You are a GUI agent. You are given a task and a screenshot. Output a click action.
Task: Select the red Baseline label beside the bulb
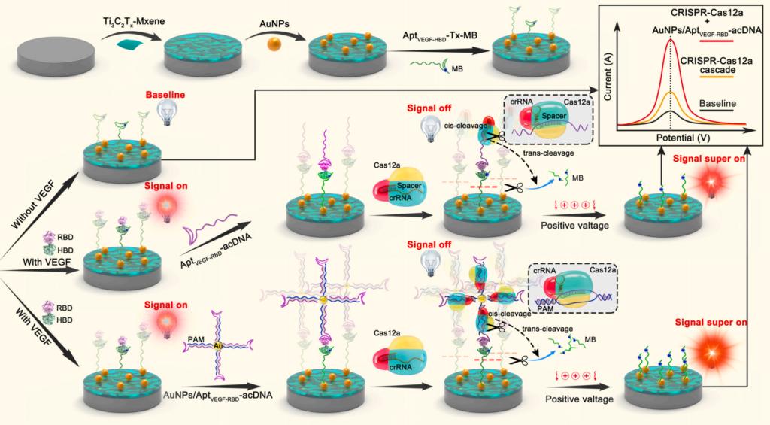165,94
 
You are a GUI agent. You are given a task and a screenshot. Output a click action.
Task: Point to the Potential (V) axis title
683,138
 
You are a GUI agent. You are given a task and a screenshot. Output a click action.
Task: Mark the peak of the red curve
671,40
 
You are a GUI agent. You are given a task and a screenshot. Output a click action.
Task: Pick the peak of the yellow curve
671,92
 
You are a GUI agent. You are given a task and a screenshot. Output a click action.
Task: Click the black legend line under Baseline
717,111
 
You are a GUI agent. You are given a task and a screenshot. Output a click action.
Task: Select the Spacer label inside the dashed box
554,116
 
